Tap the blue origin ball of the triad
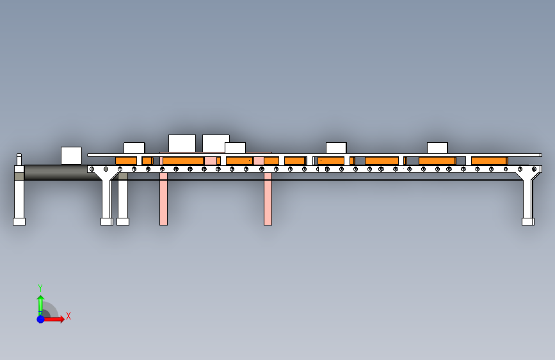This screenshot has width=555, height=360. pos(40,318)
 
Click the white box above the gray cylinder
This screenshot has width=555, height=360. pos(71,155)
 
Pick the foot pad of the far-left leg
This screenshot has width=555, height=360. pos(19,222)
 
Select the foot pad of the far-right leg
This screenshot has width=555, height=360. pos(527,222)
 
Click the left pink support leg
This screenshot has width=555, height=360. pos(163,202)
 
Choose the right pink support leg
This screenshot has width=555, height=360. pos(268,202)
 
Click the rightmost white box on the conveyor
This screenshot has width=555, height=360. pos(437,148)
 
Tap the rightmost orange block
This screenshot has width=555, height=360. pos(488,161)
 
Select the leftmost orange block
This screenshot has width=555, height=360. pos(126,161)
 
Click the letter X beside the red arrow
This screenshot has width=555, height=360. pos(68,316)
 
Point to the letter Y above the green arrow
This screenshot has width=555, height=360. pos(40,288)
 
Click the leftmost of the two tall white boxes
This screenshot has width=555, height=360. pos(182,143)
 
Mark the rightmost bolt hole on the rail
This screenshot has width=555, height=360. pos(534,169)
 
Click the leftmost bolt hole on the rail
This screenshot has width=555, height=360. pos(92,169)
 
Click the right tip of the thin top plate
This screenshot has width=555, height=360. pos(540,154)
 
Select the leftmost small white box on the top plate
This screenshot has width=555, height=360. pos(134,148)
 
